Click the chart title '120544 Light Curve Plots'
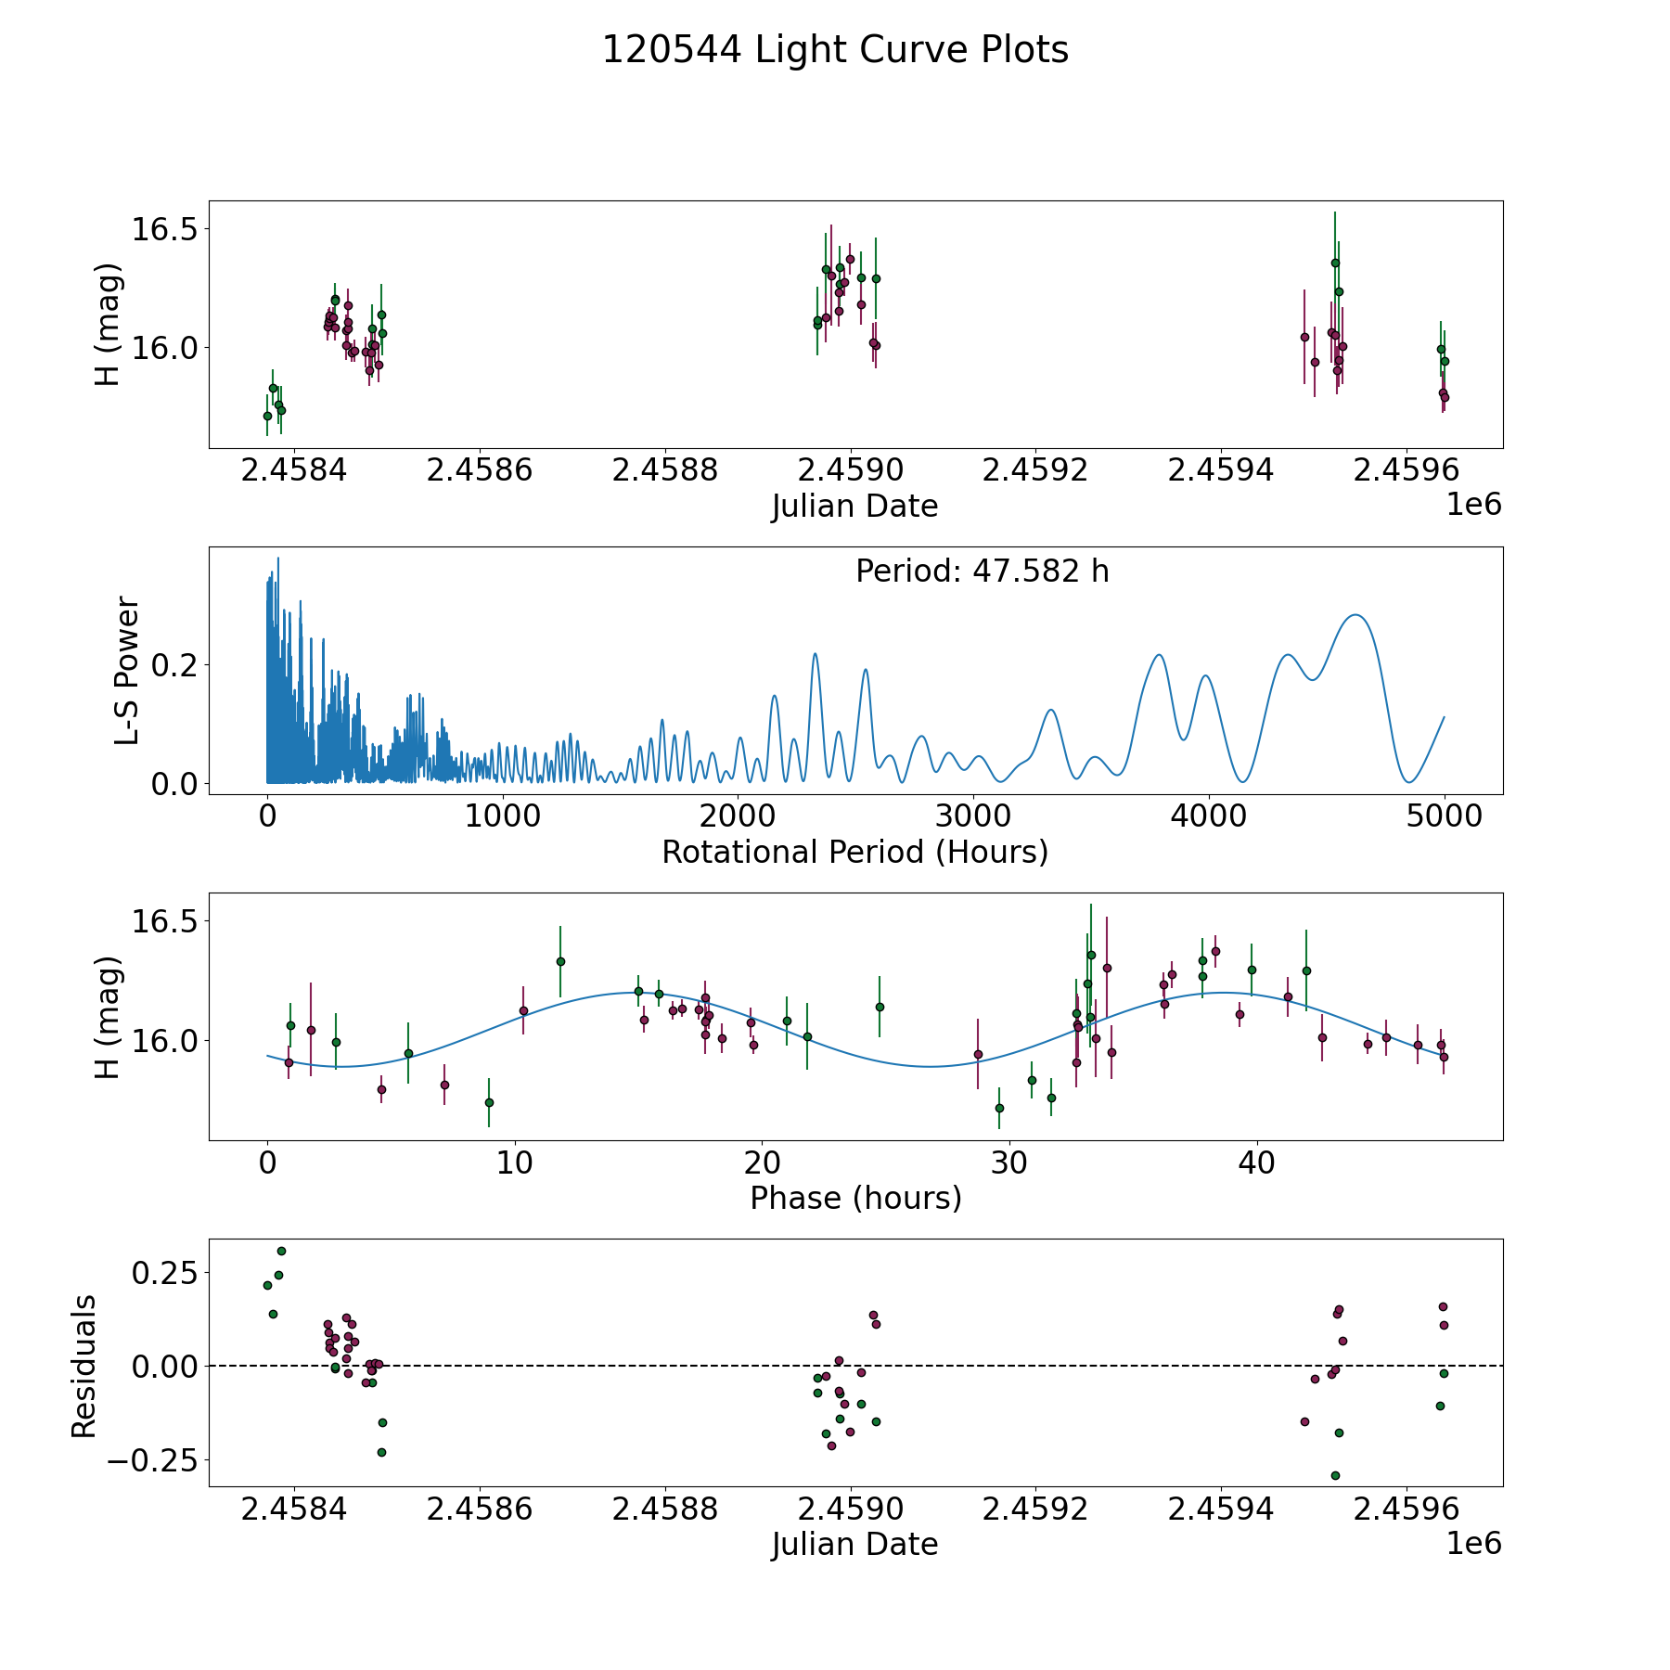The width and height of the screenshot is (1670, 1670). click(835, 50)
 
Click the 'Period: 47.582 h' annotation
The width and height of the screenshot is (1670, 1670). click(982, 572)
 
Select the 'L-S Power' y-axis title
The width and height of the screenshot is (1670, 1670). click(127, 671)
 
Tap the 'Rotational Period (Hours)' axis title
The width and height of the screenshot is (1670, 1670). click(854, 852)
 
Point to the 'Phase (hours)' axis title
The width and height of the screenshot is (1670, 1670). click(854, 1198)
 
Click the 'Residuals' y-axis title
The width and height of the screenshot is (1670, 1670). click(84, 1367)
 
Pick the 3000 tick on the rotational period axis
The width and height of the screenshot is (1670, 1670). click(973, 816)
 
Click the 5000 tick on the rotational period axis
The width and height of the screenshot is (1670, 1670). click(1444, 816)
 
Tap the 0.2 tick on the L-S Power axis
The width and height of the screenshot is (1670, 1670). click(176, 665)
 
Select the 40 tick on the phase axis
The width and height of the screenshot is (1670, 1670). click(1256, 1163)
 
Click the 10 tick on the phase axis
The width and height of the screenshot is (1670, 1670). click(515, 1163)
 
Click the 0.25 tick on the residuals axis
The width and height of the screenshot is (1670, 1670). click(164, 1272)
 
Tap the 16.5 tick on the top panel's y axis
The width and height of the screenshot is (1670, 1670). click(164, 229)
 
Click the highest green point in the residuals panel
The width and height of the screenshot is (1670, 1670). click(281, 1251)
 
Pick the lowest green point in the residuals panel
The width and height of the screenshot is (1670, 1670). click(1335, 1475)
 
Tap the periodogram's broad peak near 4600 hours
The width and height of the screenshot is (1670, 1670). click(1356, 615)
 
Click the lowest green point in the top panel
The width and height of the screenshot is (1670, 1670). click(267, 416)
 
